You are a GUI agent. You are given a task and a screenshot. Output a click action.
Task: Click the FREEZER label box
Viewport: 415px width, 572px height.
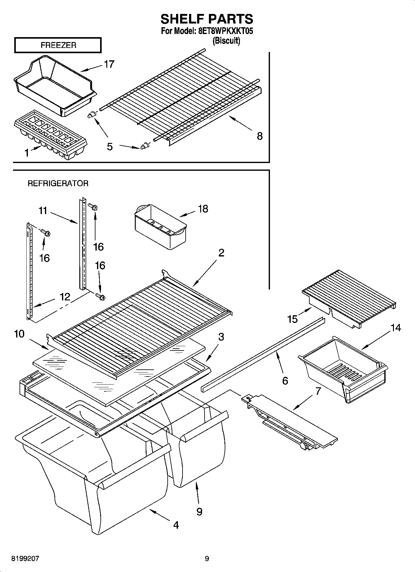pos(58,45)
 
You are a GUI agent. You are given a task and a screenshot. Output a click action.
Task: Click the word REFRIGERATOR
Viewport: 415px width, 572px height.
pos(58,183)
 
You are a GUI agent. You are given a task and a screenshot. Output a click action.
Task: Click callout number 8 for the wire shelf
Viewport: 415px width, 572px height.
pos(260,136)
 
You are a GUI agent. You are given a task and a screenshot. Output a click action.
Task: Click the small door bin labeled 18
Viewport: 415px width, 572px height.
pos(161,227)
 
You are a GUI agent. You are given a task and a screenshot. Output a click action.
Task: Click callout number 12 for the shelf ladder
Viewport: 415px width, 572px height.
pos(65,297)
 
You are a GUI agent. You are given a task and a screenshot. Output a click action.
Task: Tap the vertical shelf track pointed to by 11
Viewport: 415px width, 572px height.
pos(82,244)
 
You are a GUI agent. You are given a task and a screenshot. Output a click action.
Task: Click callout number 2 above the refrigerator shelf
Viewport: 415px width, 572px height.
pos(221,253)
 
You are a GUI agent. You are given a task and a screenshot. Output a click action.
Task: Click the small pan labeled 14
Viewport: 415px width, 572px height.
pos(342,368)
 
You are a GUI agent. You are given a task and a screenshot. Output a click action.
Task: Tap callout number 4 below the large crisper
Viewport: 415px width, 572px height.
pos(176,525)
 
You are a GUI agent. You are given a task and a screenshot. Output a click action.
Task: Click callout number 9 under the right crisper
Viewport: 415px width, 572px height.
pos(199,511)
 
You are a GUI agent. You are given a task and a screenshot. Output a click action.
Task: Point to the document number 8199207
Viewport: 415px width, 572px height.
pos(25,559)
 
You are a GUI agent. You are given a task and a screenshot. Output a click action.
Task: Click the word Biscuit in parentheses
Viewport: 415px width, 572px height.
pos(226,41)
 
